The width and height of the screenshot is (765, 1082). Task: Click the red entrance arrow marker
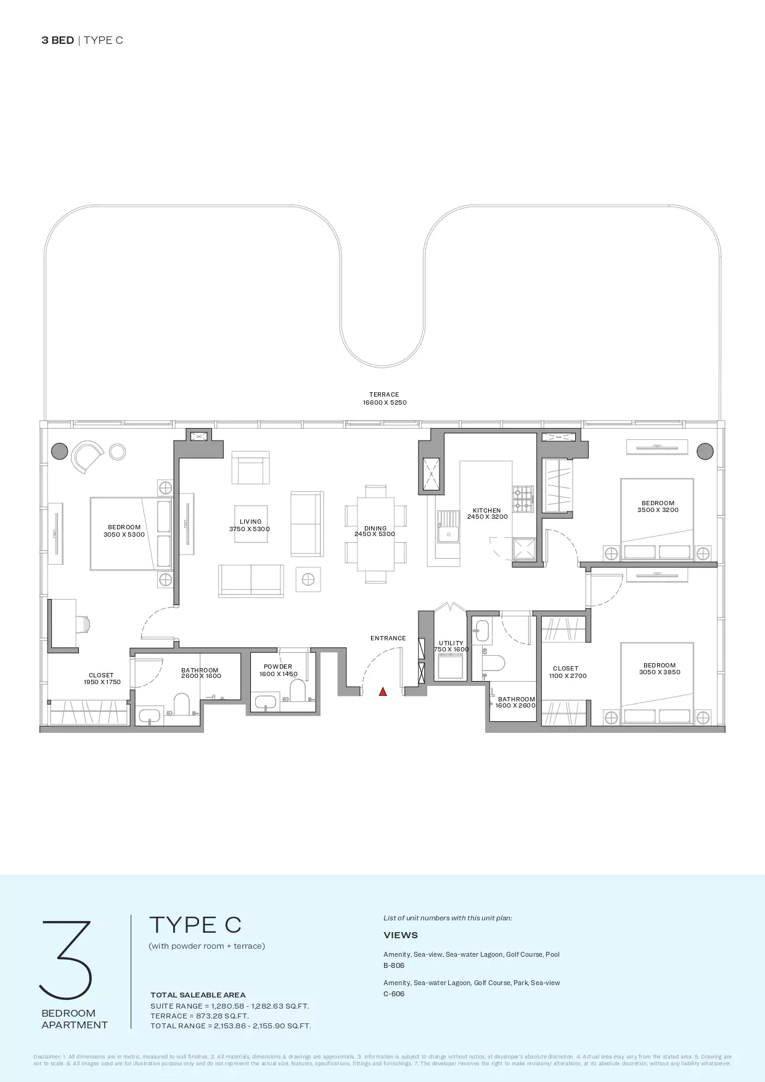(383, 692)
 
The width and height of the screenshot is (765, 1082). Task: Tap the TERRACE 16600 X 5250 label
(384, 399)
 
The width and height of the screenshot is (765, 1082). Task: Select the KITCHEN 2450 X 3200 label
(487, 513)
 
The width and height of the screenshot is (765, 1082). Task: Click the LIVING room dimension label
(250, 526)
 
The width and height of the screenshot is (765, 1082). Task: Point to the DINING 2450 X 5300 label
(375, 531)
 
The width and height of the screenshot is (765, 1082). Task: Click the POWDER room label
(278, 670)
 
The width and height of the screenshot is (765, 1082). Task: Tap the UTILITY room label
(451, 646)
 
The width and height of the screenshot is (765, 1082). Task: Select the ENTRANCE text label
(388, 638)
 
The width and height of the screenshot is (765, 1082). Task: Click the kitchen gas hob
(522, 500)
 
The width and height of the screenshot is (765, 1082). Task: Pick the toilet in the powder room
(298, 691)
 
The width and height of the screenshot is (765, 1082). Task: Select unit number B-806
(394, 965)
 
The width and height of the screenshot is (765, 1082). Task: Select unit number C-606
(394, 994)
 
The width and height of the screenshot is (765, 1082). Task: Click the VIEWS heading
(401, 935)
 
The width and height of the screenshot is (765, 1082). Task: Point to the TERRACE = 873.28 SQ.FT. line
(200, 1016)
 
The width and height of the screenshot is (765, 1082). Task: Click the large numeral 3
(66, 959)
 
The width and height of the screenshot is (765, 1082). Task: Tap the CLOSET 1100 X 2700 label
(567, 672)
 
